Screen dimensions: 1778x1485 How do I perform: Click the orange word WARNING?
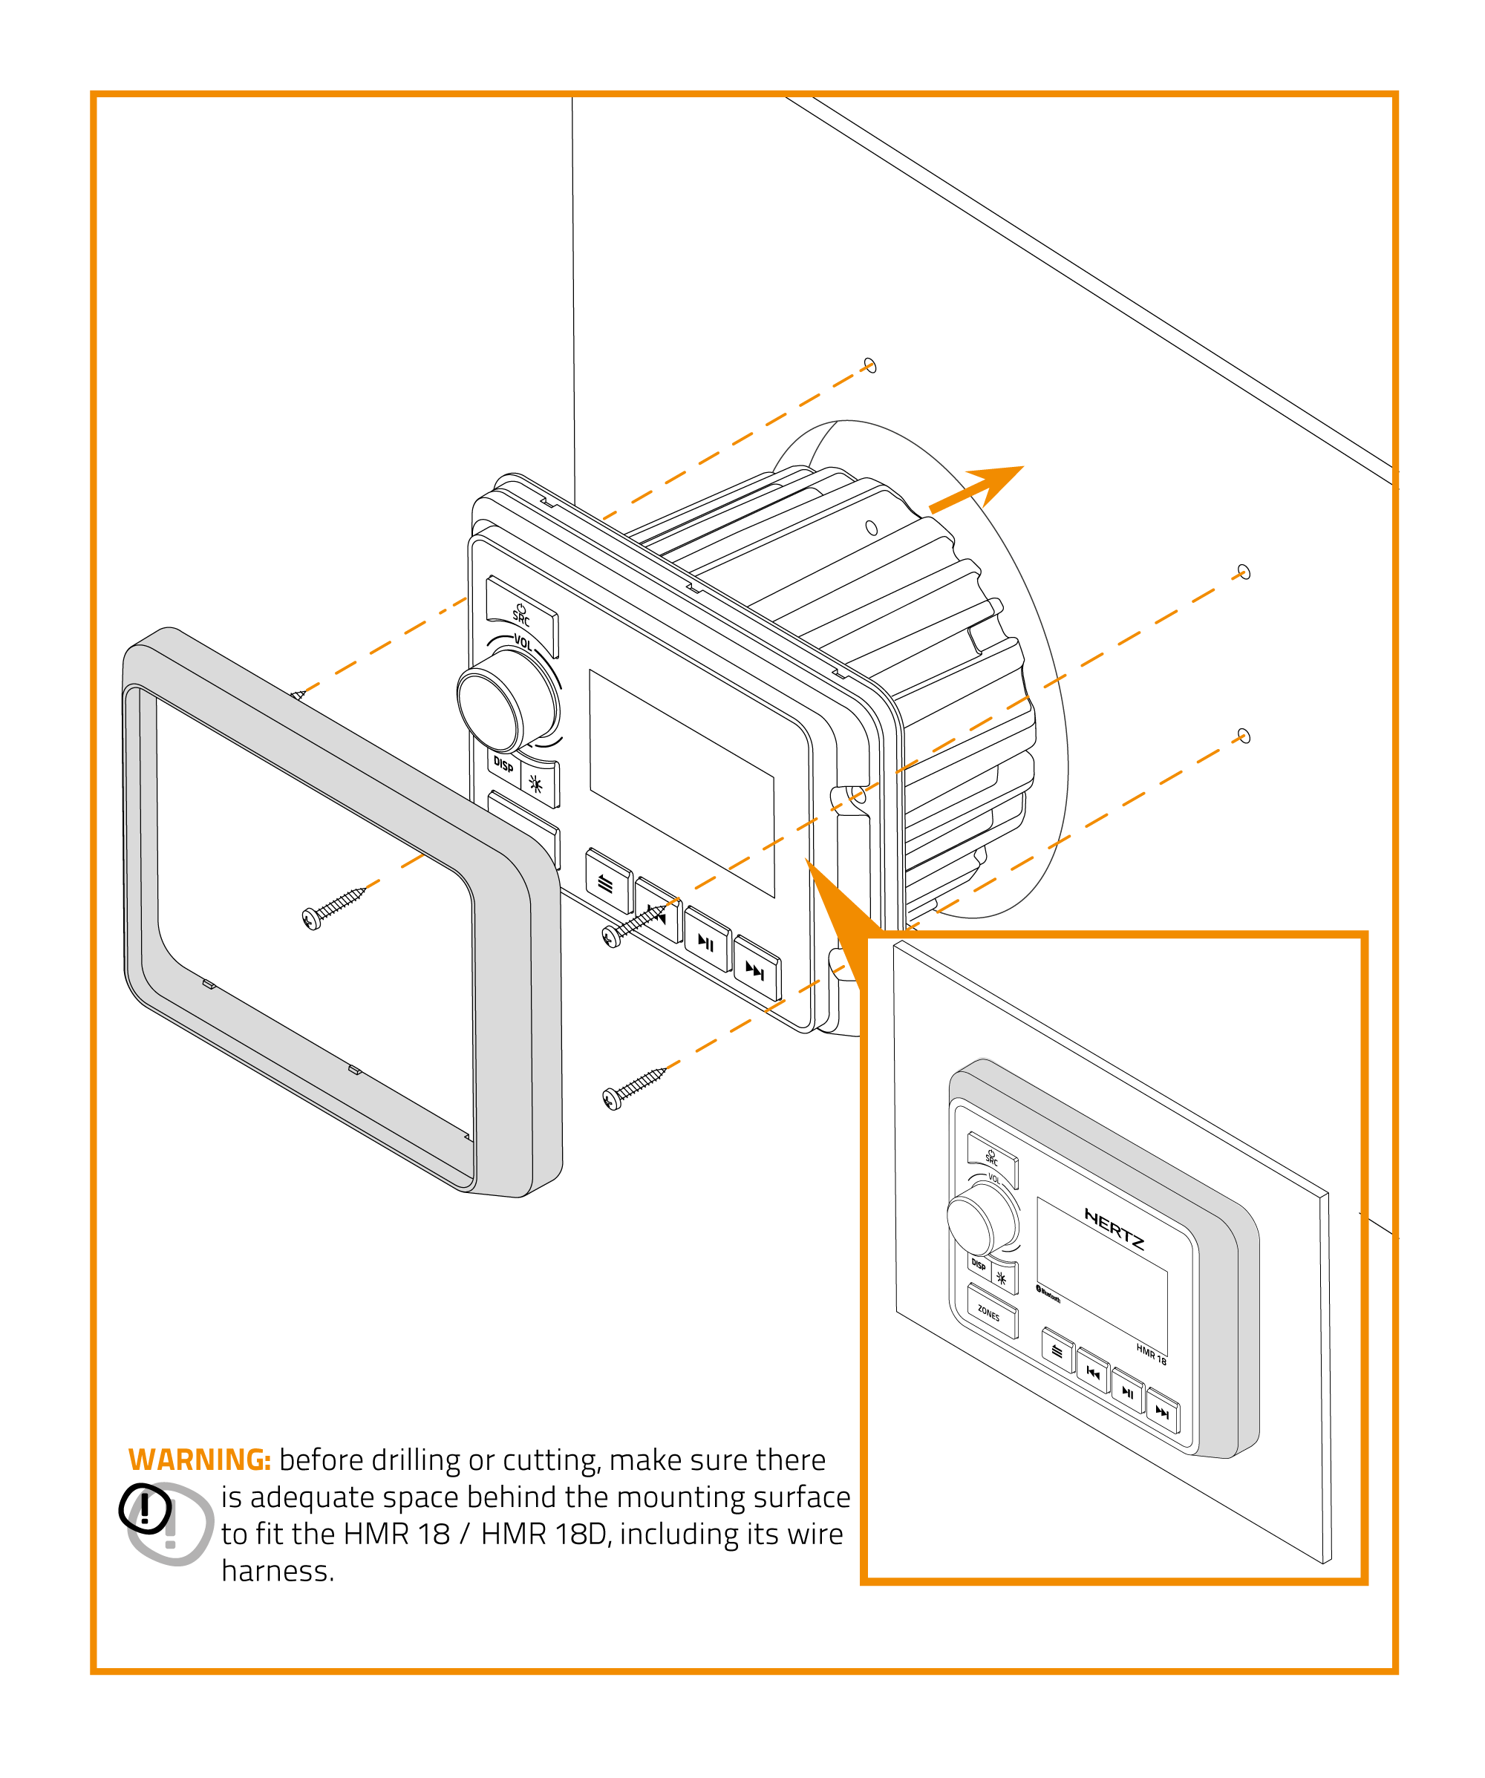click(199, 1460)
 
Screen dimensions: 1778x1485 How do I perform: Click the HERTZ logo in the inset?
click(1114, 1229)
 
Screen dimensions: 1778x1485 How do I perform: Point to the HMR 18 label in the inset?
click(1151, 1355)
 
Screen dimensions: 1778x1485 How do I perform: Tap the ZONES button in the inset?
click(990, 1313)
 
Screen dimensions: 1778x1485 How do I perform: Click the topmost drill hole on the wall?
click(869, 365)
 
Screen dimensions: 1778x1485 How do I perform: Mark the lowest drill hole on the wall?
click(1244, 735)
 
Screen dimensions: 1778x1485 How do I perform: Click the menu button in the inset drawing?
click(1057, 1351)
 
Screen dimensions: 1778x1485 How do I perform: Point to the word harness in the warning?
click(278, 1572)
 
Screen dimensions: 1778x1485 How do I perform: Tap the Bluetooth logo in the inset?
click(1048, 1294)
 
